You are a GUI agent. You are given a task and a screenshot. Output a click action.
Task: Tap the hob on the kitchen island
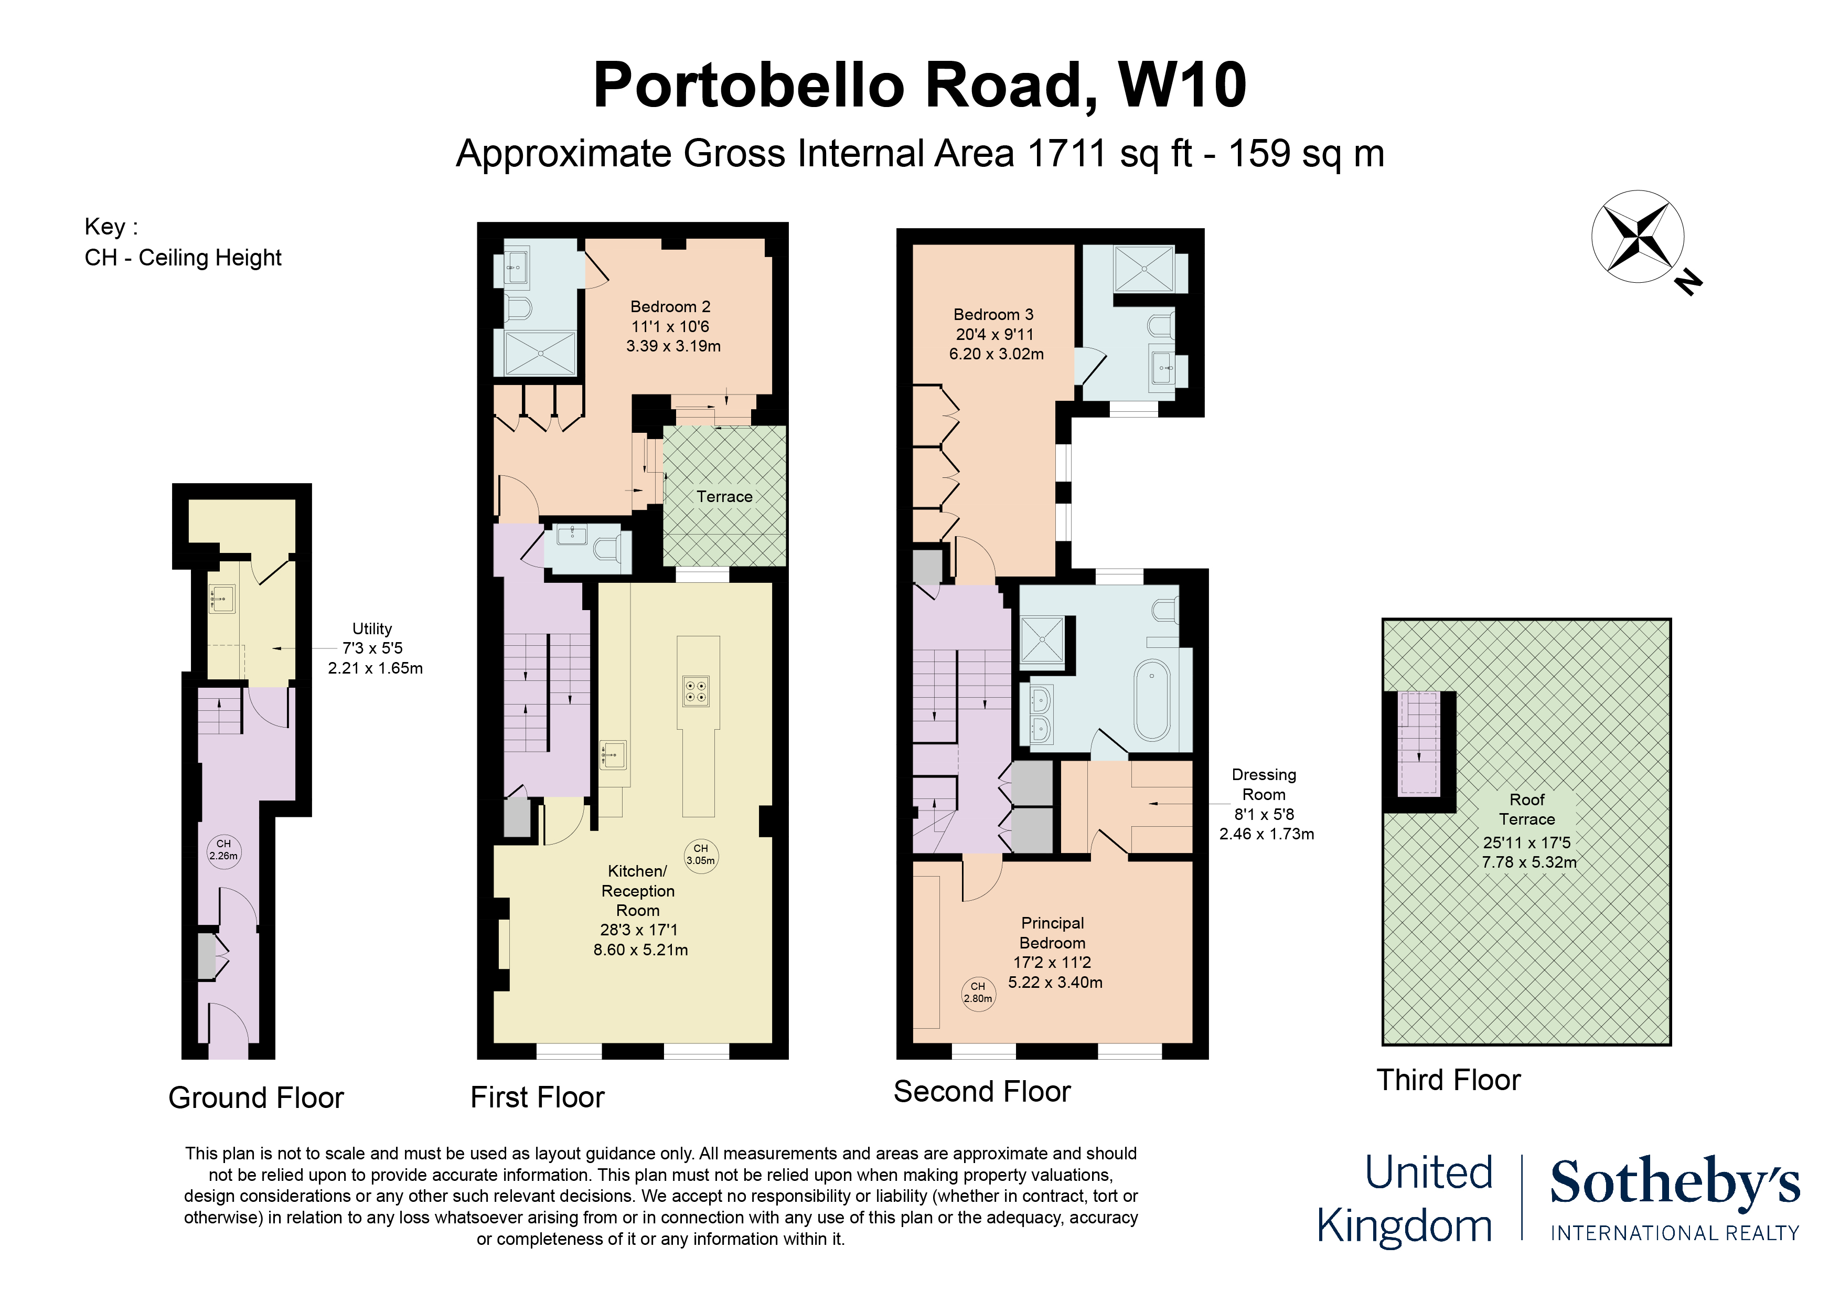[696, 691]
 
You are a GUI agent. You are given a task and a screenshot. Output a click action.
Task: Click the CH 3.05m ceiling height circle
[700, 855]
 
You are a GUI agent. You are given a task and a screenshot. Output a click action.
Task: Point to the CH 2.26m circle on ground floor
[223, 850]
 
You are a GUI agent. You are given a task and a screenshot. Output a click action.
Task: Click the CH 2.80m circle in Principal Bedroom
[978, 993]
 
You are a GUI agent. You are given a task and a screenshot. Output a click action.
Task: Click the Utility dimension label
[373, 648]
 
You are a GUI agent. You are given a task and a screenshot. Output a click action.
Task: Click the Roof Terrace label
[1527, 809]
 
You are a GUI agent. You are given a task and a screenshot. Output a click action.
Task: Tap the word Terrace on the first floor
[724, 496]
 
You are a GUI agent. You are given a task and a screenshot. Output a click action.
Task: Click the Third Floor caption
[1448, 1080]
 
